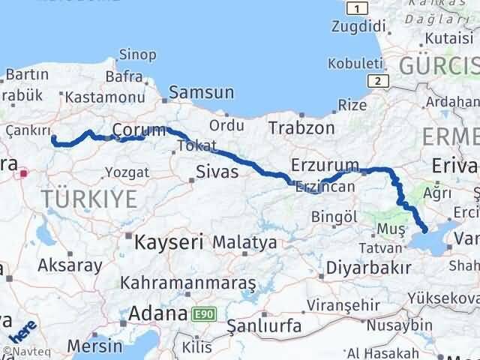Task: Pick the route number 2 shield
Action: tap(379, 81)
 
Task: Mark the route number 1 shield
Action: tap(358, 8)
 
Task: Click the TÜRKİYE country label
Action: tap(89, 199)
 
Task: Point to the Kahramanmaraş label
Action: tap(188, 283)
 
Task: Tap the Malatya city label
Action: tap(244, 242)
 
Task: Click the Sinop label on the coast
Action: tap(138, 54)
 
